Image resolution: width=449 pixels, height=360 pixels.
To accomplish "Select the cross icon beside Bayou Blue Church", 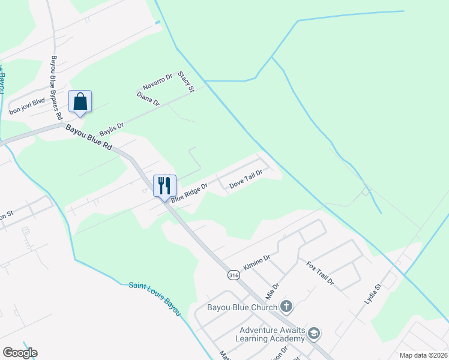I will [286, 307].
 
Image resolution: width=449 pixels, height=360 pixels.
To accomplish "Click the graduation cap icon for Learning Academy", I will [314, 334].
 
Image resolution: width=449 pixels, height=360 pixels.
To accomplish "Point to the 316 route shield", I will [234, 275].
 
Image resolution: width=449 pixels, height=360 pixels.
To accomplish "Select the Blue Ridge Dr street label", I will [189, 193].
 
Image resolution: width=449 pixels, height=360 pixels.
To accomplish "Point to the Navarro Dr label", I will [157, 81].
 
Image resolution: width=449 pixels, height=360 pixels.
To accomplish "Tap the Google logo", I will [20, 353].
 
